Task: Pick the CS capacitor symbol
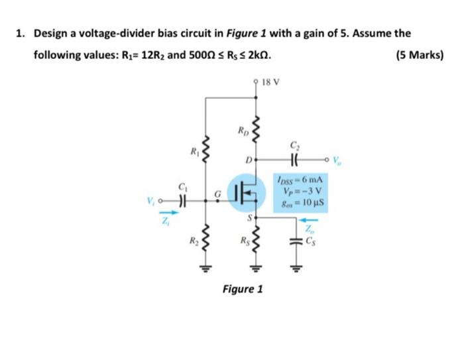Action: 294,241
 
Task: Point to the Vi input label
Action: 153,198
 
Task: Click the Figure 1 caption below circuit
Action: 243,289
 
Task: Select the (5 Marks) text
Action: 419,55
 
